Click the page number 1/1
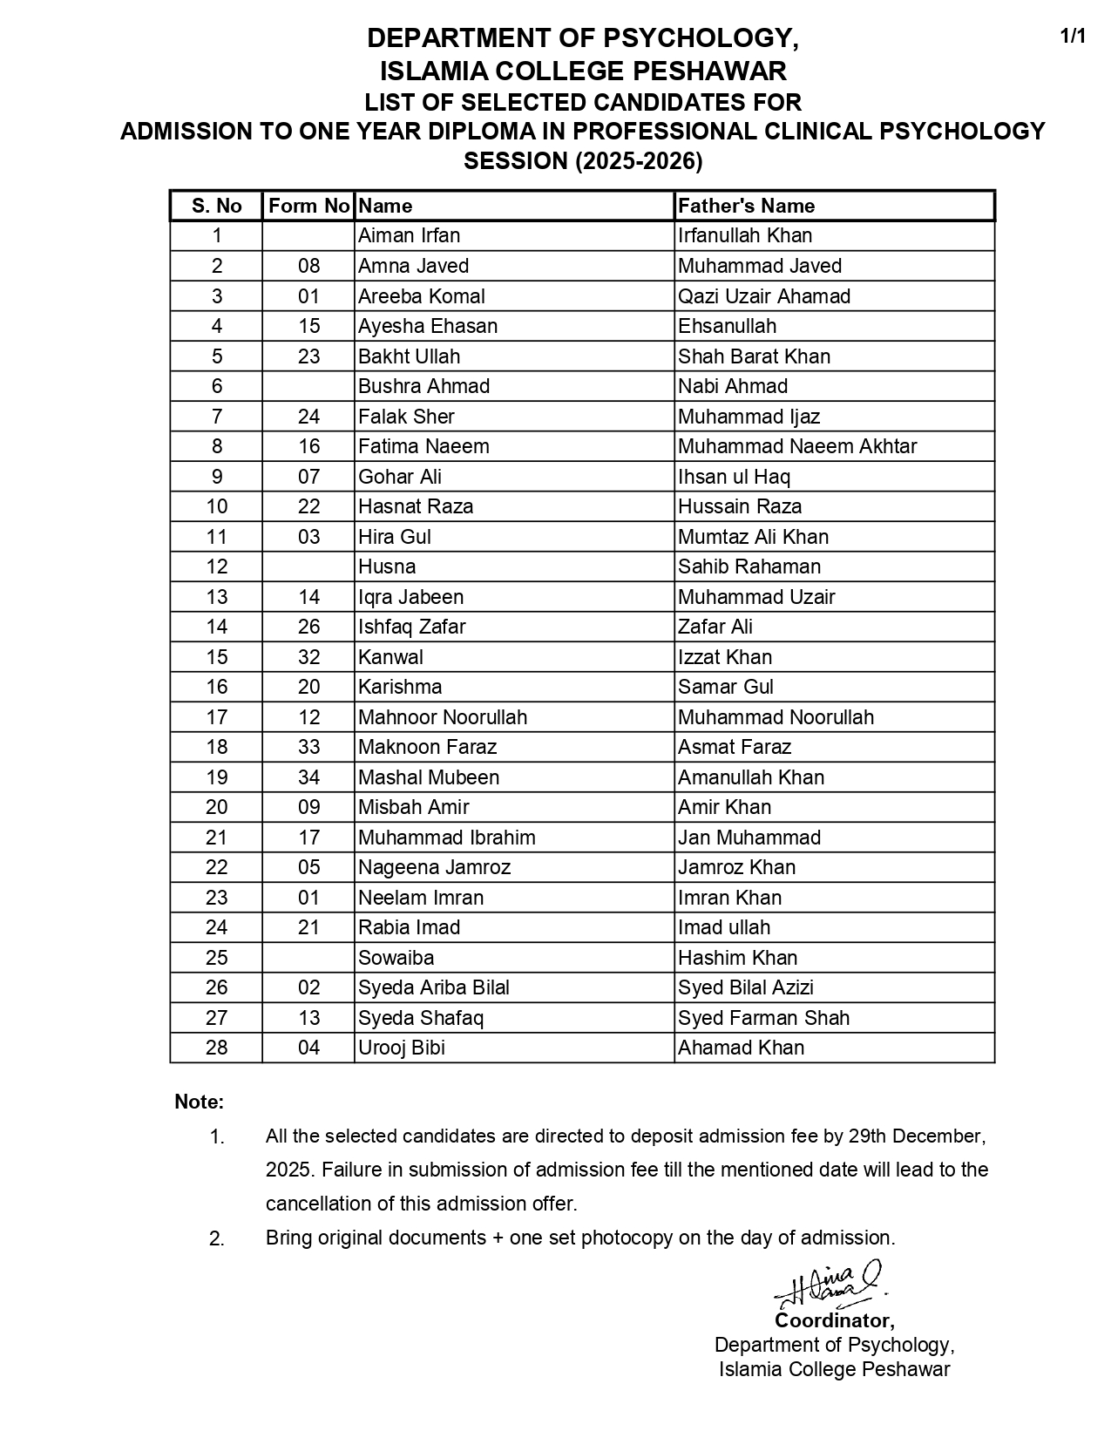[x=1073, y=37]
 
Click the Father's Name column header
[x=746, y=207]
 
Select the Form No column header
[x=308, y=207]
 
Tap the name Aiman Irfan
[x=409, y=236]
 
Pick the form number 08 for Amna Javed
[x=308, y=266]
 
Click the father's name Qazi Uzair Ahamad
[x=763, y=296]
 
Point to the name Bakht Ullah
[x=409, y=356]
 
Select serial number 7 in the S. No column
[x=216, y=417]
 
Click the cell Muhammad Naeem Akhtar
[x=796, y=446]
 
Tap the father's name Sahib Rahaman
[x=749, y=566]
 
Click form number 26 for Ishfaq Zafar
[x=308, y=627]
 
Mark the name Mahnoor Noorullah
[x=442, y=717]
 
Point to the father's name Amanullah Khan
[x=750, y=777]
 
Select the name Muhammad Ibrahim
[x=446, y=838]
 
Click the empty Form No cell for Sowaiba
[x=308, y=958]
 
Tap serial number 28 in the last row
[x=216, y=1048]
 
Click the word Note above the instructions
[x=199, y=1102]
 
